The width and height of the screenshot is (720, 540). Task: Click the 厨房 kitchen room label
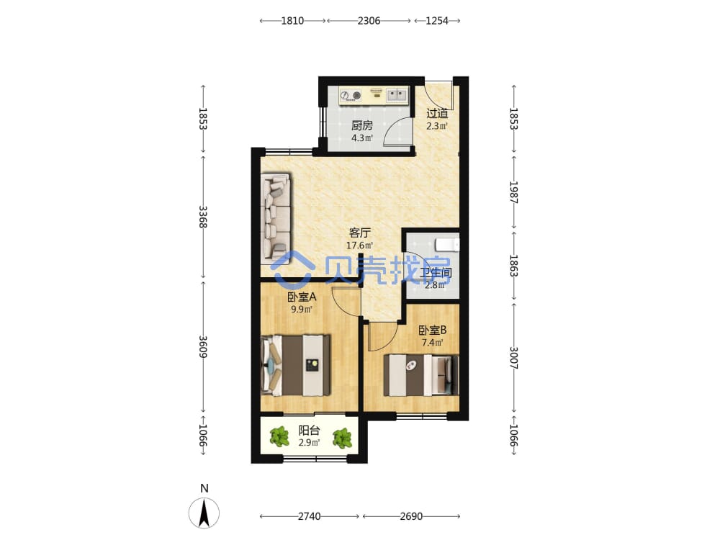[362, 125]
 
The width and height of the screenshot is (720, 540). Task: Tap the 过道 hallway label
[437, 113]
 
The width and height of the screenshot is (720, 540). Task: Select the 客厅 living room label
[359, 233]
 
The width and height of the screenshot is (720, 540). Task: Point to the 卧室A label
[302, 297]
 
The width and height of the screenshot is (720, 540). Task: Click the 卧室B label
[432, 330]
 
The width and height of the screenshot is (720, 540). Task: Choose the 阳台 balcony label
[309, 431]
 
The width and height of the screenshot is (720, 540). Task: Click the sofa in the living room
[276, 218]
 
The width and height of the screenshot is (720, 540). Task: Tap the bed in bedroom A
[295, 365]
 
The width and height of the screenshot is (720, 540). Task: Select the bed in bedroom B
[421, 375]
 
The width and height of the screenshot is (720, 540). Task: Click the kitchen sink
[397, 95]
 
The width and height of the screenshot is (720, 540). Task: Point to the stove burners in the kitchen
[351, 96]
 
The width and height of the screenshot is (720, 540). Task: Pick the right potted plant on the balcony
[342, 438]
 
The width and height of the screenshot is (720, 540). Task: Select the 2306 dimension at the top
[369, 21]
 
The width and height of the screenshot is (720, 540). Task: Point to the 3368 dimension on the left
[203, 217]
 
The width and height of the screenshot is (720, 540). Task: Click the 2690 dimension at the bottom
[411, 516]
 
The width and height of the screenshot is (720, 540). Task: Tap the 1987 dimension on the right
[514, 192]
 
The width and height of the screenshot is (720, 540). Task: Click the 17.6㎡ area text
[359, 246]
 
